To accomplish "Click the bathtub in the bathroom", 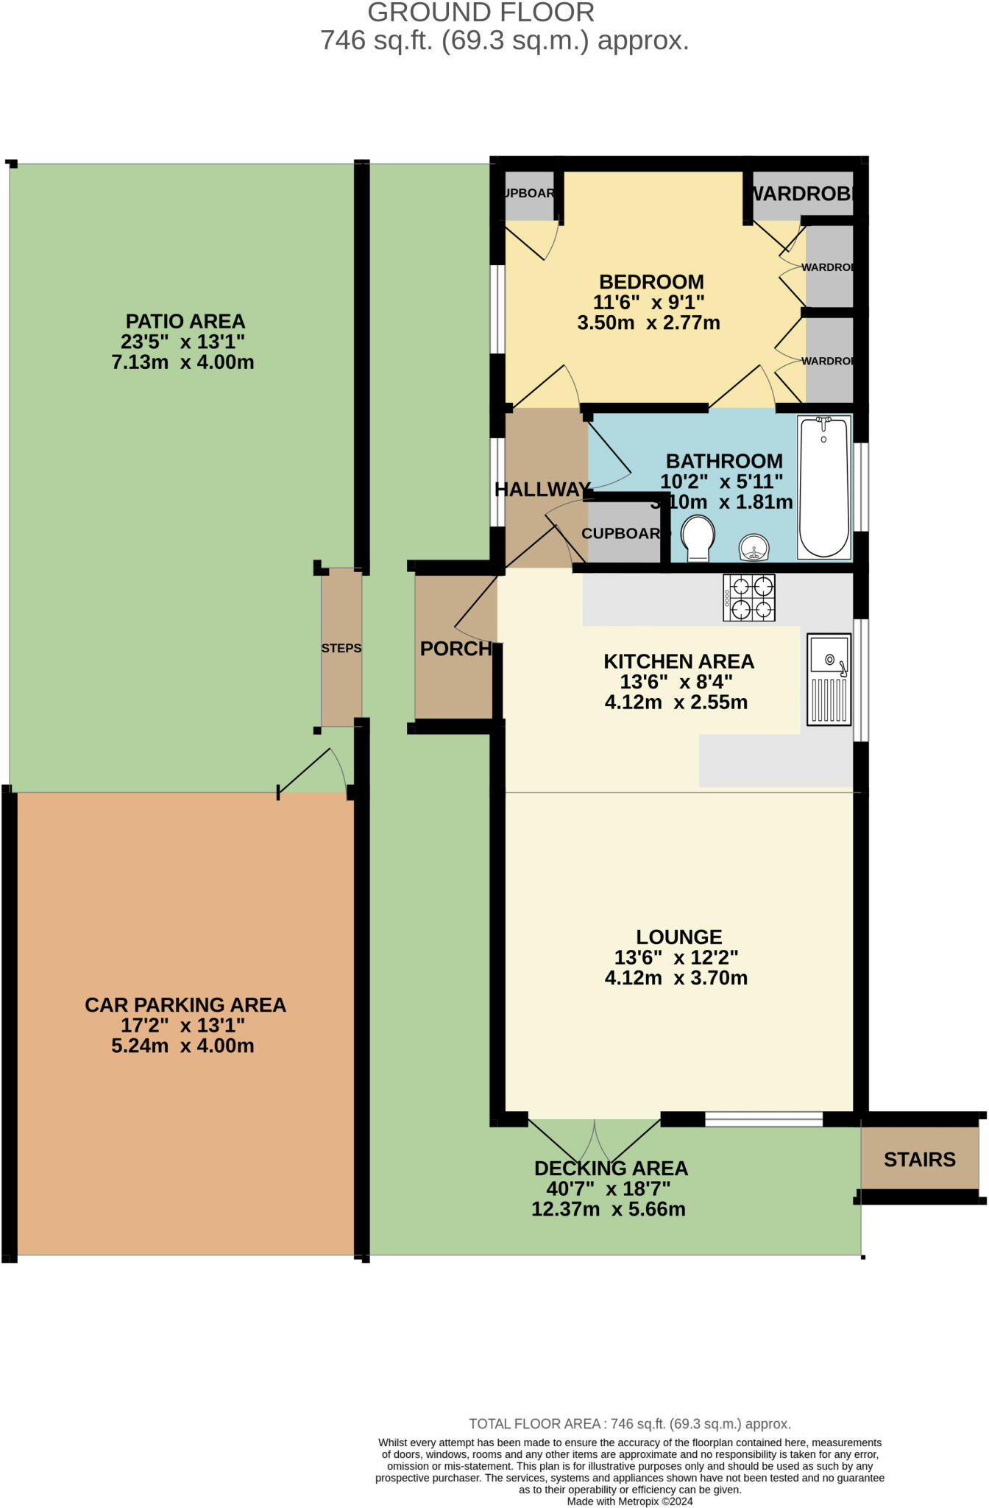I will pyautogui.click(x=824, y=487).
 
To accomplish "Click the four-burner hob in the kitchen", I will pyautogui.click(x=749, y=598).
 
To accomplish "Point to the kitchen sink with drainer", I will pyautogui.click(x=829, y=679).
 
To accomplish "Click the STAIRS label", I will pyautogui.click(x=919, y=1160).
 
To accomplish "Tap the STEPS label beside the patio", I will pyautogui.click(x=341, y=648).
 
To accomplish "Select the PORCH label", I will pyautogui.click(x=455, y=649).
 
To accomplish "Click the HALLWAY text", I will pyautogui.click(x=542, y=490).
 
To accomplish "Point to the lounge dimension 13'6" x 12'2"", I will pyautogui.click(x=676, y=957).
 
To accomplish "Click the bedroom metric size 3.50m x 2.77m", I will pyautogui.click(x=648, y=323).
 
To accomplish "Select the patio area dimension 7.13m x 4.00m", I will pyautogui.click(x=182, y=362).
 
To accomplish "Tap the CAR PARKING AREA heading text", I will pyautogui.click(x=185, y=1005).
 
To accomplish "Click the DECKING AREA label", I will pyautogui.click(x=611, y=1169).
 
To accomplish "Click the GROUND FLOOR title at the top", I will pyautogui.click(x=481, y=13).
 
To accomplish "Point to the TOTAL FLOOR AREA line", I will pyautogui.click(x=629, y=1424).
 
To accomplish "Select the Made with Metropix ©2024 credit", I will pyautogui.click(x=629, y=1501).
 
